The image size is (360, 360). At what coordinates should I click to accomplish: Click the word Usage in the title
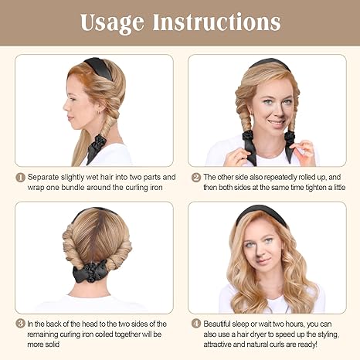click(x=112, y=23)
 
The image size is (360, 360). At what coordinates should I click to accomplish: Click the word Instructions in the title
click(x=216, y=22)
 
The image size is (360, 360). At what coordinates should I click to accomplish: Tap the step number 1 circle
click(x=20, y=178)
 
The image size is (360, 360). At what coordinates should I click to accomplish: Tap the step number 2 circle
click(x=196, y=178)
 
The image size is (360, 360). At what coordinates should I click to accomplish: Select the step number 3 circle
click(x=20, y=324)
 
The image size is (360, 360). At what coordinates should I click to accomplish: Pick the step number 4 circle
click(x=196, y=324)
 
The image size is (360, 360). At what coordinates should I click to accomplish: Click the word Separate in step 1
click(x=43, y=178)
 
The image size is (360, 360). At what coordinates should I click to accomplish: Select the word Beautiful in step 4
click(x=216, y=324)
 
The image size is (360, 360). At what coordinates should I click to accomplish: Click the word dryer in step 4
click(x=257, y=335)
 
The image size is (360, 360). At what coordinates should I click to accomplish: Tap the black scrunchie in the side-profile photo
click(x=100, y=141)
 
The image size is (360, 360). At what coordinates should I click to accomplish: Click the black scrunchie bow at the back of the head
click(x=90, y=272)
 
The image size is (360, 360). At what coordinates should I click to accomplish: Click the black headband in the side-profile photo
click(x=99, y=67)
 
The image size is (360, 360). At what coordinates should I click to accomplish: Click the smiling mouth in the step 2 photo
click(x=277, y=123)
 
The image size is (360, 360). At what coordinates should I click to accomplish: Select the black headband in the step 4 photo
click(x=261, y=214)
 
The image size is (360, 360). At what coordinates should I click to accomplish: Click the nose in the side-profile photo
click(x=66, y=107)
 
